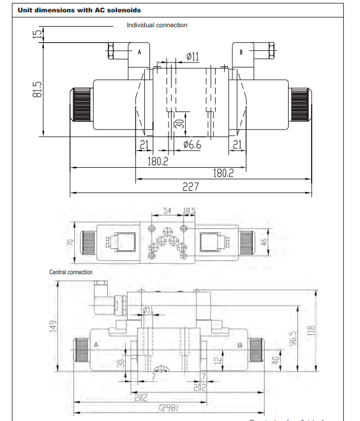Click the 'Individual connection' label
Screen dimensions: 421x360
[x=157, y=25]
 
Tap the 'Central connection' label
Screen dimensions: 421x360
[x=71, y=272]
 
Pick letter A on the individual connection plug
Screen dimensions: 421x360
[x=139, y=52]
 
